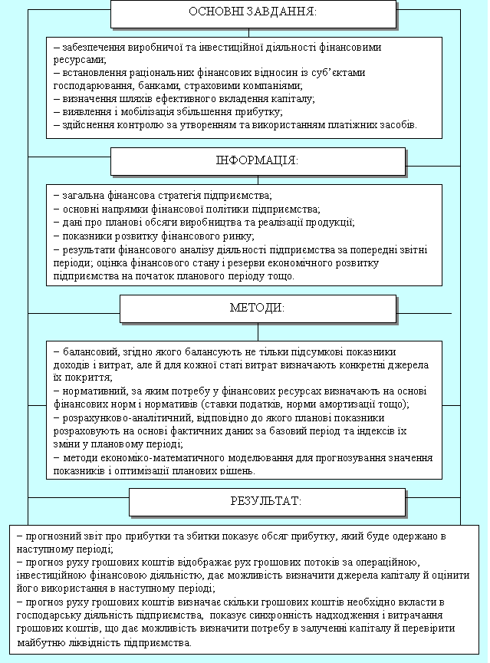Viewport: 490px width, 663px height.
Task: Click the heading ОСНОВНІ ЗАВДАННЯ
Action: tap(252, 13)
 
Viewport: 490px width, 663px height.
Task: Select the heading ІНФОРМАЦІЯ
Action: tap(257, 160)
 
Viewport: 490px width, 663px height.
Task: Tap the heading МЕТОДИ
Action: tap(257, 308)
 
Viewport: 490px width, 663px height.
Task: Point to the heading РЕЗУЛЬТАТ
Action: tap(266, 501)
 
